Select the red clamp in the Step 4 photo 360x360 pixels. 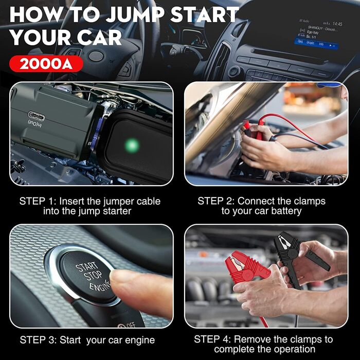click(247, 265)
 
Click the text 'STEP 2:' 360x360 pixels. click(217, 201)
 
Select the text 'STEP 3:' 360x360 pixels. click(39, 340)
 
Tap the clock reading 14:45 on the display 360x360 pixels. click(336, 24)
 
